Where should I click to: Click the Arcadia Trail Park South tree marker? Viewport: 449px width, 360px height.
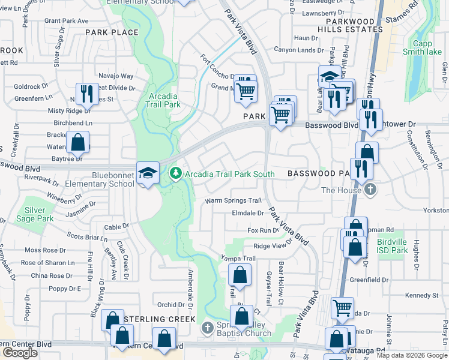tap(175, 174)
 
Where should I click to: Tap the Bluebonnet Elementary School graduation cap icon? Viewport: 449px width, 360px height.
tap(146, 173)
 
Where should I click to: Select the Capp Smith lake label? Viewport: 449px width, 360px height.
tap(427, 47)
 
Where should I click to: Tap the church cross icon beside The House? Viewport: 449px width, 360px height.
tap(371, 190)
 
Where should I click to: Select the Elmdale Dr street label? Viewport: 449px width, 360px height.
tap(248, 213)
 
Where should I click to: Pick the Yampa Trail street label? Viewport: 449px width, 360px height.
tap(238, 259)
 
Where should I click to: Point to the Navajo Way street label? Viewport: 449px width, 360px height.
tap(116, 76)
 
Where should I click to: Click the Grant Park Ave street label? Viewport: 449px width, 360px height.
tap(66, 20)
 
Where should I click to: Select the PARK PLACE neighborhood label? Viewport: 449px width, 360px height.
tap(112, 32)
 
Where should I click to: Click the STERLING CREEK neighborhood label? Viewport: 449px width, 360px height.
tap(160, 318)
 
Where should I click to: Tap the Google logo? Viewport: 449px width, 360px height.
tap(20, 353)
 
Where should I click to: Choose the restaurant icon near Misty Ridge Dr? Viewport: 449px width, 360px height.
tap(86, 93)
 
